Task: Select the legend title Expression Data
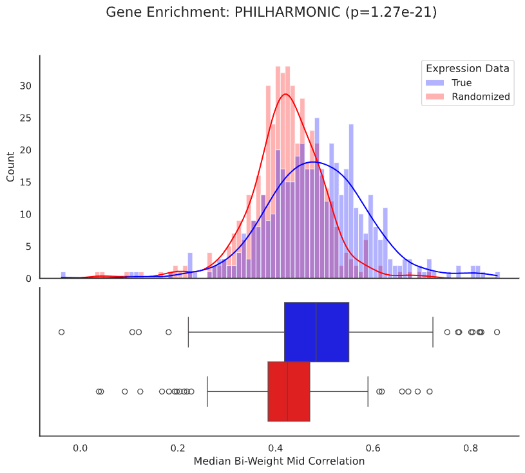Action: [467, 68]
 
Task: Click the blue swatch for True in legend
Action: [435, 82]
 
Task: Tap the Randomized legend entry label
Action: [481, 97]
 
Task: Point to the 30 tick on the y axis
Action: [26, 86]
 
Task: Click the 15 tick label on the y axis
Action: [26, 182]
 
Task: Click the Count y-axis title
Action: [11, 167]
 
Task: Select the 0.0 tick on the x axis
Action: [80, 447]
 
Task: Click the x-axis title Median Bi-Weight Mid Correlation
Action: [279, 461]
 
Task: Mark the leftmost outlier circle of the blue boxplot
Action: [61, 332]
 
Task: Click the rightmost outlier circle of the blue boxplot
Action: [497, 332]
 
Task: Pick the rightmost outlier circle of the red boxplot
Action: [430, 391]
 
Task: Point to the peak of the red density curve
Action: [285, 94]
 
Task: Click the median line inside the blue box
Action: [316, 332]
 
